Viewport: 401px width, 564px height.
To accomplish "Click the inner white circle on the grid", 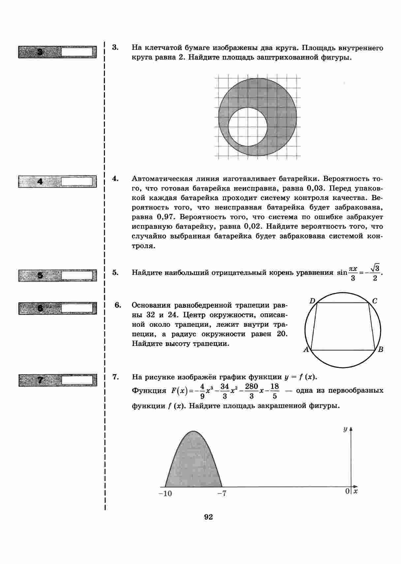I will (247, 127).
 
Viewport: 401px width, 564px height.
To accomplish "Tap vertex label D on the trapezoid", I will (312, 300).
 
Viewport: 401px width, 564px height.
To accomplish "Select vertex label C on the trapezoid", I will (375, 301).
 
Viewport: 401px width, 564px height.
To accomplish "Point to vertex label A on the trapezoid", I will (306, 350).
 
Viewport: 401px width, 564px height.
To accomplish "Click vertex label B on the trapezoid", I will (380, 350).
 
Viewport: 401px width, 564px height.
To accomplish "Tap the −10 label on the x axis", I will (165, 493).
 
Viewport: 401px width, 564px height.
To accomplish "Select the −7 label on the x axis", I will (222, 493).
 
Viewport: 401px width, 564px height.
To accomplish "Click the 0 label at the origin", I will (347, 491).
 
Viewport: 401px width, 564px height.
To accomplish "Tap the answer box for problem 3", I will (77, 52).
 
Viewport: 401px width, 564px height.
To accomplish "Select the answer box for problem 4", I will (77, 182).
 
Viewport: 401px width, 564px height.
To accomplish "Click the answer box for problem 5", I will (77, 275).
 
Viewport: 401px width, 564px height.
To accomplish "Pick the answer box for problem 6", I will (77, 308).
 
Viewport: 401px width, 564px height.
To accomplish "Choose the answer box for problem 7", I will (77, 380).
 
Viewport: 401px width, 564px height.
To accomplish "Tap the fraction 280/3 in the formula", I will (251, 391).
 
